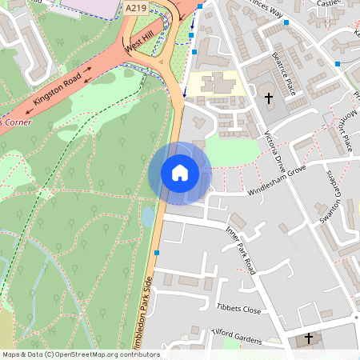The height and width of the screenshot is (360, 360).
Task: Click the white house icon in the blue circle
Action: pos(180,173)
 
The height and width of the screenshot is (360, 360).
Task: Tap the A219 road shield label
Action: pos(137,6)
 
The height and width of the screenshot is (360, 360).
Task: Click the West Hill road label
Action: pos(138,45)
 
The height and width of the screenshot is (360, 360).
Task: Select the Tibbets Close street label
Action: pos(238,309)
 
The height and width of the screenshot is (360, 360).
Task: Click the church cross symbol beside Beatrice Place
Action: pos(268,98)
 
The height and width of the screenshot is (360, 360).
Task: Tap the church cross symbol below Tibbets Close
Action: pos(309,339)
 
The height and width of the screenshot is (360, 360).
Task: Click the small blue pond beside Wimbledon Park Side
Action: pos(147,217)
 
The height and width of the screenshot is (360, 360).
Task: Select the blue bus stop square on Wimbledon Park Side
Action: pos(157,253)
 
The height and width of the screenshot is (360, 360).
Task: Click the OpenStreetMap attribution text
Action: pos(80,354)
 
